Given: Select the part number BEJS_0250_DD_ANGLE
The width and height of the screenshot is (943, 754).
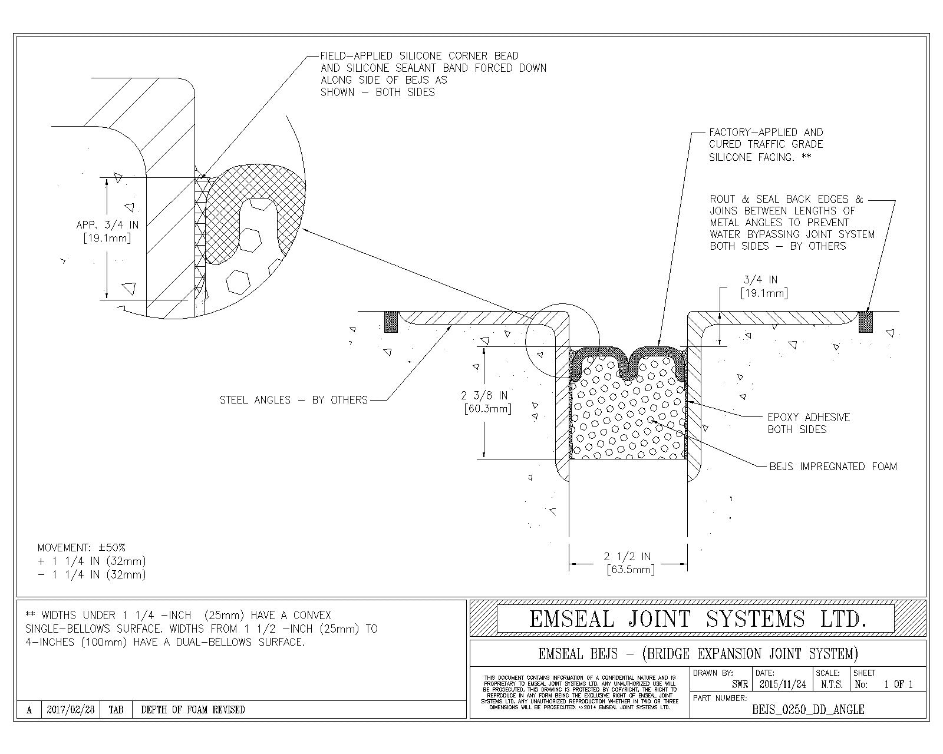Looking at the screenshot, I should (808, 710).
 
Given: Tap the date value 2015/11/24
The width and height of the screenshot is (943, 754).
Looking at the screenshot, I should (783, 684).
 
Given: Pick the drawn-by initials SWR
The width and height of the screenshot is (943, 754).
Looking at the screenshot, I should (740, 684).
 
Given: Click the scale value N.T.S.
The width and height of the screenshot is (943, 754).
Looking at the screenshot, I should (831, 684).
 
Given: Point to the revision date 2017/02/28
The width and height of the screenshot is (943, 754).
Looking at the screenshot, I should (70, 710).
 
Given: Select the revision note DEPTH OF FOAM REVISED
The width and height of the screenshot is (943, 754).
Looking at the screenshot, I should (193, 710).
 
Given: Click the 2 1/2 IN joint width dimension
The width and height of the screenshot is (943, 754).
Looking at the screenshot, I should (627, 557).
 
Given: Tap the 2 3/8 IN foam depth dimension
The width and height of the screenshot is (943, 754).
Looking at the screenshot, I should (487, 395).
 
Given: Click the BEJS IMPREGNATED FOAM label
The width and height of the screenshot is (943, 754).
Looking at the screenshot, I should (833, 467).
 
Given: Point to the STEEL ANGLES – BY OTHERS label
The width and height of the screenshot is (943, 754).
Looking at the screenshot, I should (293, 400).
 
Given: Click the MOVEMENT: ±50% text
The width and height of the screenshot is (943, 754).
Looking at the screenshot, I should (81, 548).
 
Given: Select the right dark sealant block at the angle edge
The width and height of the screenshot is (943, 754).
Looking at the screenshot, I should (865, 322).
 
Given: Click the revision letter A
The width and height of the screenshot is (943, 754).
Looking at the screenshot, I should (29, 710).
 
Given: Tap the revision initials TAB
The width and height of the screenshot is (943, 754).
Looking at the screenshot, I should (116, 710).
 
